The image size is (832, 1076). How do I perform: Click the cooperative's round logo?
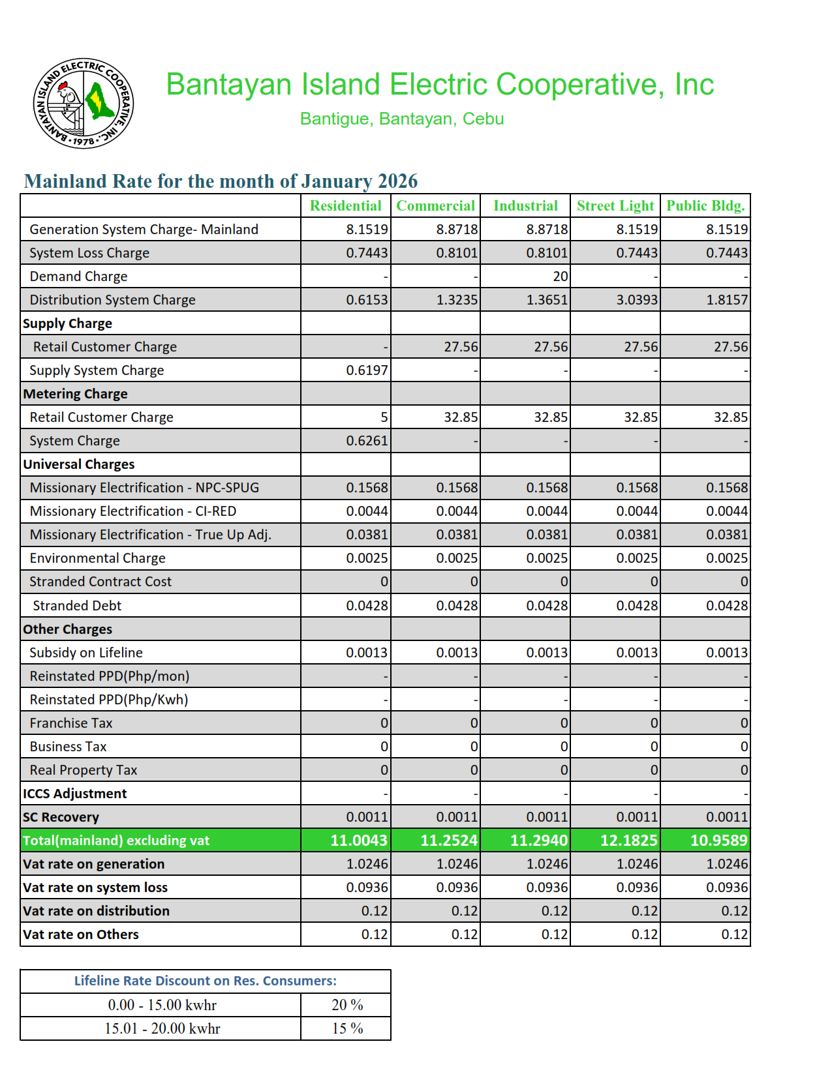pos(84,103)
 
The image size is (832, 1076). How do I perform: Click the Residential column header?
pos(345,206)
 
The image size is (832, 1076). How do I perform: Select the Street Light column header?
pos(615,206)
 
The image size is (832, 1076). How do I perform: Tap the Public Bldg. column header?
pos(705,206)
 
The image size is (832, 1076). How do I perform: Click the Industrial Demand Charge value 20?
pos(560,276)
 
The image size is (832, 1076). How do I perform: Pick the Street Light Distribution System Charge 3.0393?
pos(637,300)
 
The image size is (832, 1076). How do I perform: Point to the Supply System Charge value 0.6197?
pos(367,370)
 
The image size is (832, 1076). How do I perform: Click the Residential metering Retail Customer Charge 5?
pos(384,417)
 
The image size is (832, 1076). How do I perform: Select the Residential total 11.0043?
pos(359,841)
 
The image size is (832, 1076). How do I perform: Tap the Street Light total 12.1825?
pos(628,841)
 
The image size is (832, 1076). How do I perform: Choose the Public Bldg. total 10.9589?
pos(718,841)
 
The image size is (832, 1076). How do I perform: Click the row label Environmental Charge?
pos(97,558)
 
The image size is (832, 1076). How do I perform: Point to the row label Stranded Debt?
pos(77,606)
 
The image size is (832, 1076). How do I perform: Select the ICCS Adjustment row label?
pos(74,794)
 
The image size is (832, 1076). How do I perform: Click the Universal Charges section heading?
pos(79,464)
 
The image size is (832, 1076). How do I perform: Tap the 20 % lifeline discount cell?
pos(347,1005)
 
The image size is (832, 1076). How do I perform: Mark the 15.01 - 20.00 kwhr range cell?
pos(162,1028)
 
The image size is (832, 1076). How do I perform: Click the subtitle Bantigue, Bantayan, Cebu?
pos(402,119)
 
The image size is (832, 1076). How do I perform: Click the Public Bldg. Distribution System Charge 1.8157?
pos(727,300)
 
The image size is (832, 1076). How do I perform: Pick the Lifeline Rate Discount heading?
pos(205,981)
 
